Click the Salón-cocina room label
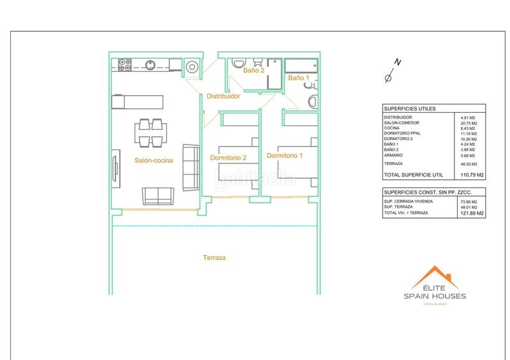[x=153, y=161]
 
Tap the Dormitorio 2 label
[x=228, y=157]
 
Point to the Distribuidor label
[x=223, y=97]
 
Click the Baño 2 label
[x=253, y=71]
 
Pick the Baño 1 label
[x=298, y=78]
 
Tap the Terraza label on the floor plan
[x=214, y=258]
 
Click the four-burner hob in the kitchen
[x=125, y=64]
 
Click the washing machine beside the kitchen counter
[x=192, y=65]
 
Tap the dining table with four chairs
[x=152, y=132]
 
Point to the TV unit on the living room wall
[x=116, y=168]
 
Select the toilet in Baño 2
[x=258, y=62]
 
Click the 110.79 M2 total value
[x=472, y=175]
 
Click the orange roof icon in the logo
[x=434, y=278]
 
